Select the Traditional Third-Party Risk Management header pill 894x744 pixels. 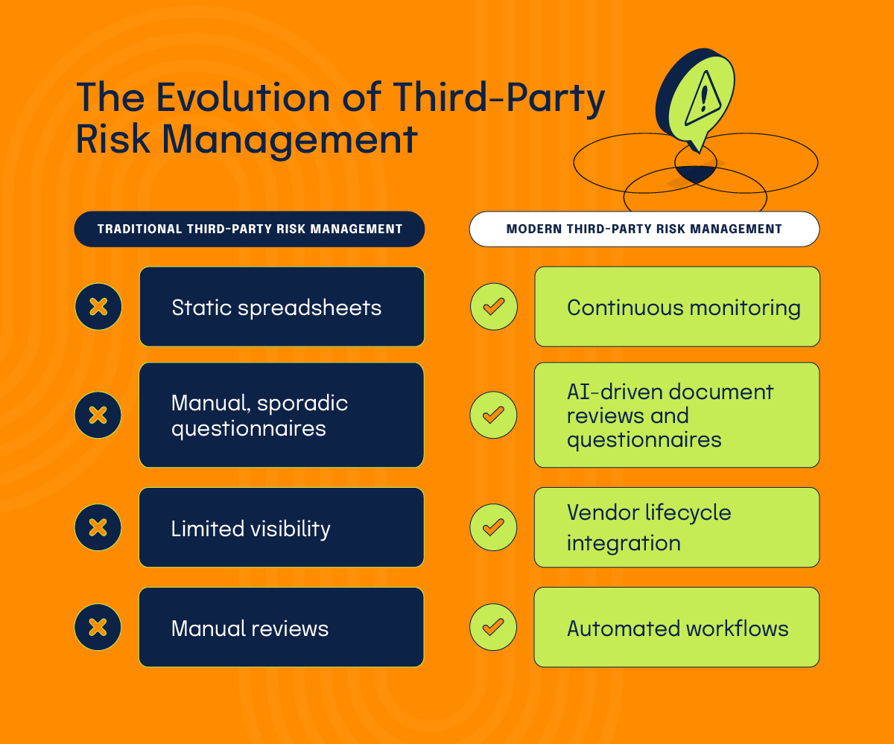(250, 229)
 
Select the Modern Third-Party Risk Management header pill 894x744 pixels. (644, 229)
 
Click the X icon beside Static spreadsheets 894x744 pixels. (98, 306)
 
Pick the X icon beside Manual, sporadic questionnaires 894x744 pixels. (98, 415)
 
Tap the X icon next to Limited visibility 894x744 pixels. (98, 527)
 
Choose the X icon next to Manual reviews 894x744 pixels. (98, 627)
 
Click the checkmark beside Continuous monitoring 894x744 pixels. (493, 306)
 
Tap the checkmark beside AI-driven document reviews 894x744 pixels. (493, 415)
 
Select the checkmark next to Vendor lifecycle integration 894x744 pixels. (493, 527)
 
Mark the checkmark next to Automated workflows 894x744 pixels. (493, 627)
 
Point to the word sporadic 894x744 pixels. (307, 404)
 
